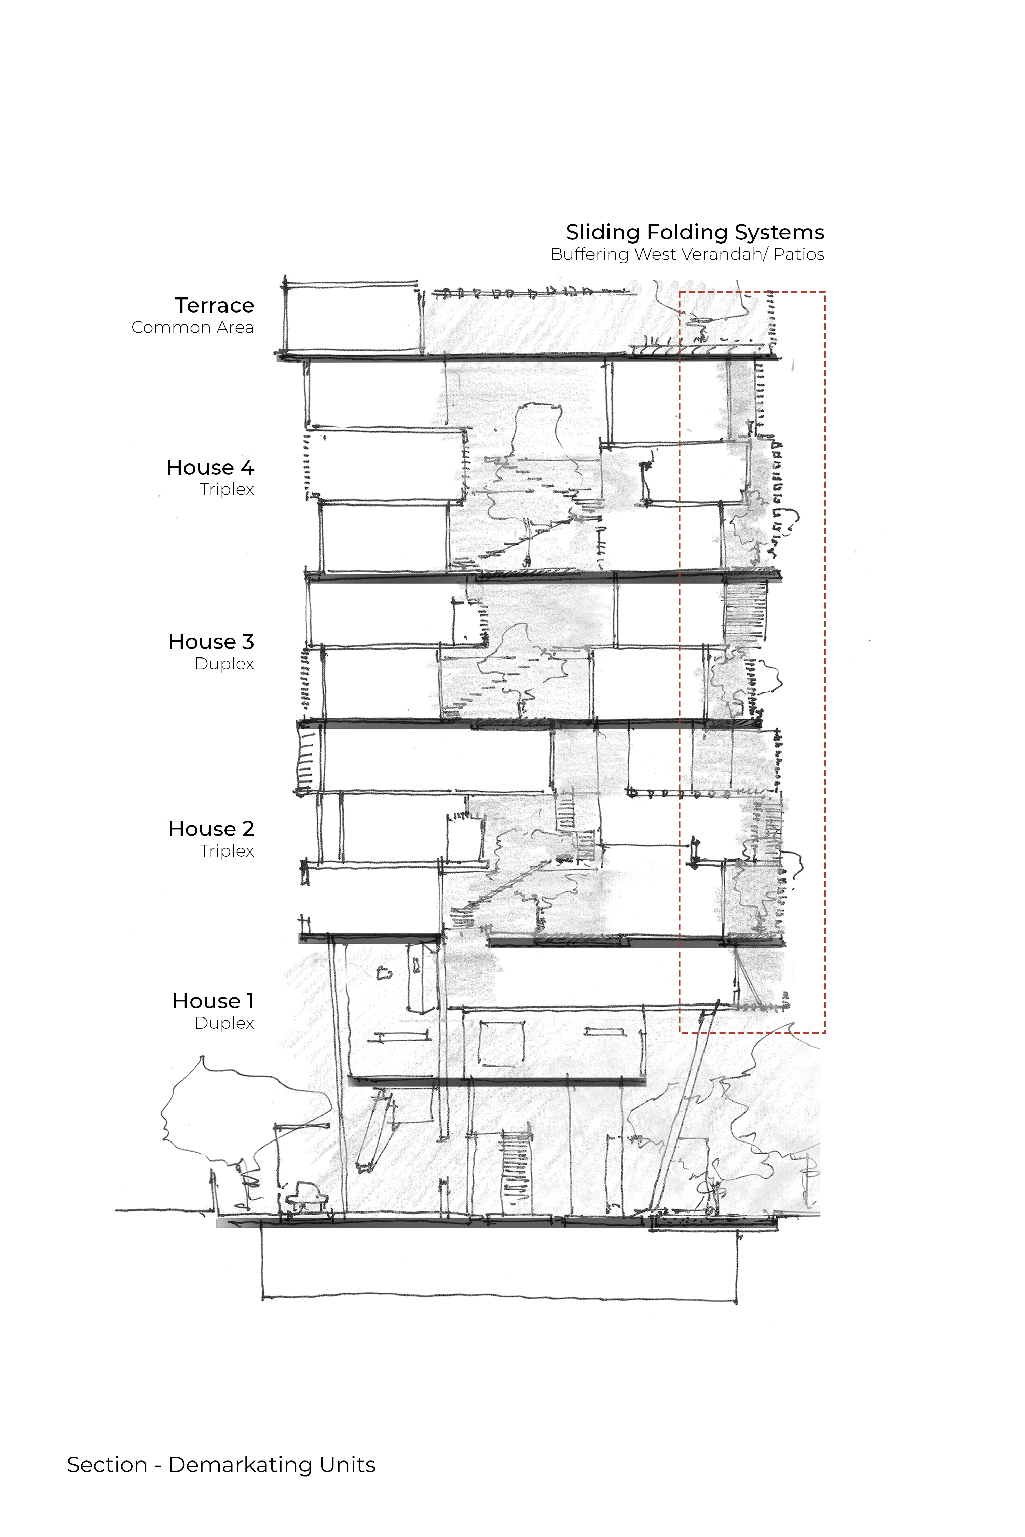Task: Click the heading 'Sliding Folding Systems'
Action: click(695, 233)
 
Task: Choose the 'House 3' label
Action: click(211, 642)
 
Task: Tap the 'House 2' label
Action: click(211, 829)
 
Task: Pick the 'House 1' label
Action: click(213, 1001)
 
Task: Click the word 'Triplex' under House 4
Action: click(227, 489)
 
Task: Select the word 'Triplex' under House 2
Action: click(227, 851)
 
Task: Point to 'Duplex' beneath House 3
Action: click(224, 664)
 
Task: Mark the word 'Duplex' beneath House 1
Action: click(224, 1023)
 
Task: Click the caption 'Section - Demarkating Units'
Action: click(221, 1465)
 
